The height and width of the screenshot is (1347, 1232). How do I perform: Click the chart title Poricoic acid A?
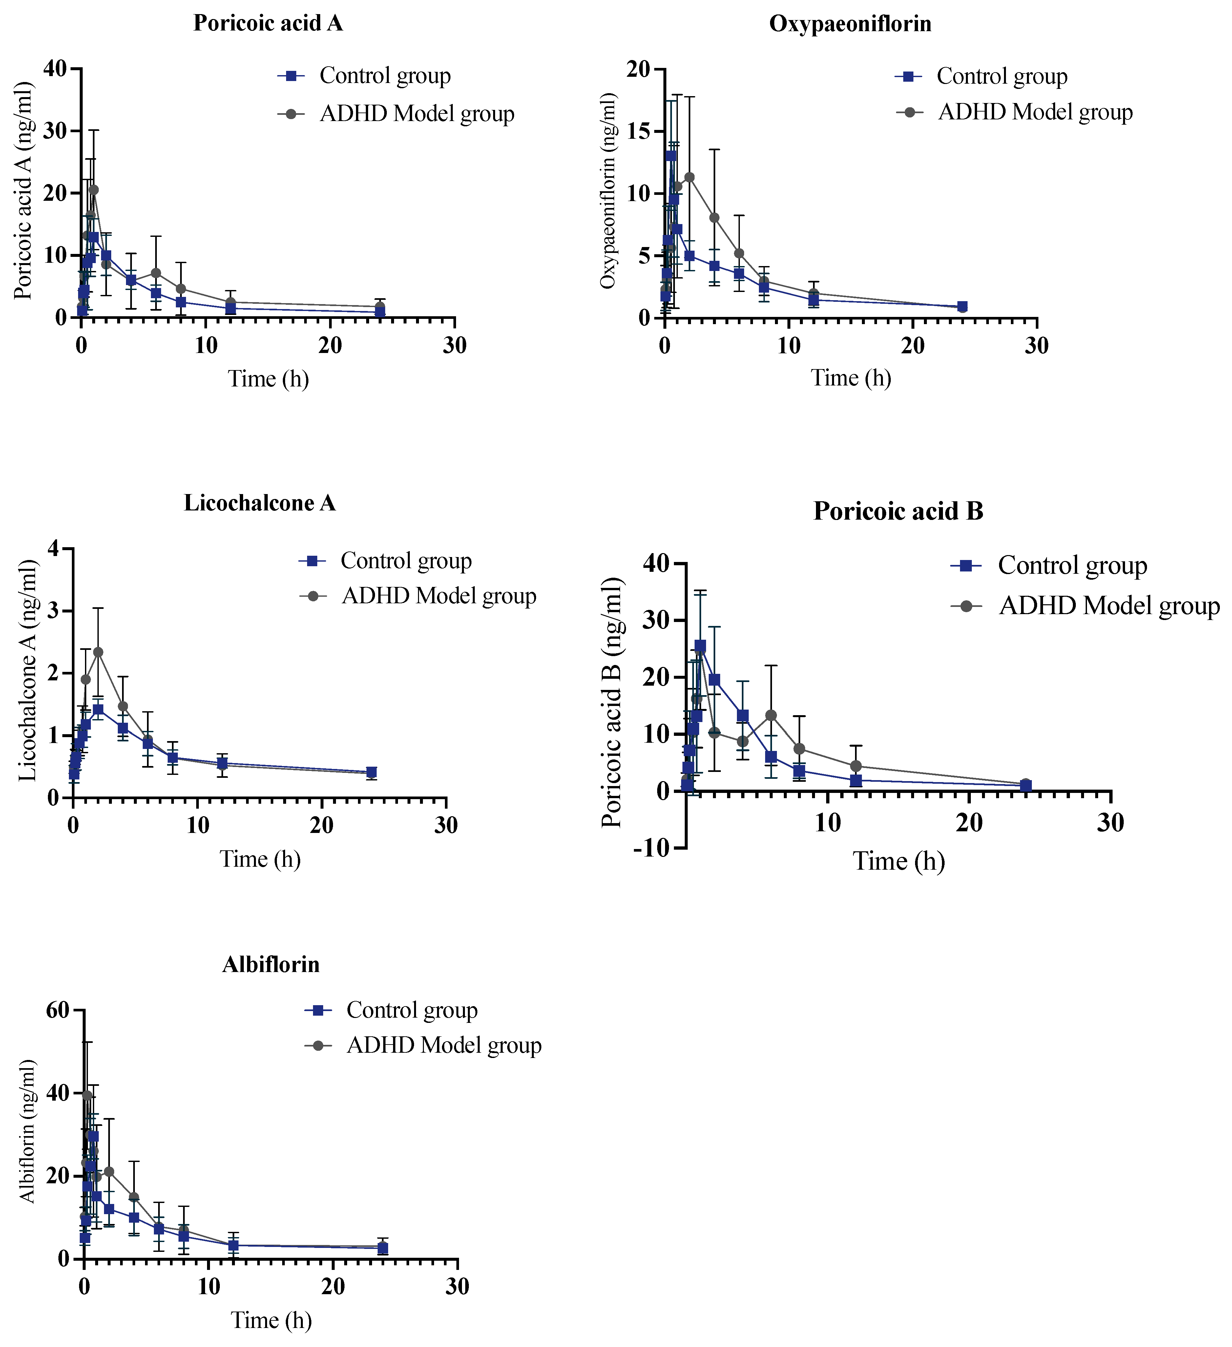pyautogui.click(x=268, y=23)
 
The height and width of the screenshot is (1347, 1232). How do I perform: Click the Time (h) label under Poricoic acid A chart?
pyautogui.click(x=269, y=379)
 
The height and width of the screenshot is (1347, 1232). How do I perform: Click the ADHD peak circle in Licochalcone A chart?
pyautogui.click(x=98, y=652)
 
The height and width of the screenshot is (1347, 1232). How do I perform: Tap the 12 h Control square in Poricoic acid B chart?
pyautogui.click(x=856, y=780)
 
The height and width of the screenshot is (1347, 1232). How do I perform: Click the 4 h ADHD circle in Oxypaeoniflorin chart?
pyautogui.click(x=714, y=217)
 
